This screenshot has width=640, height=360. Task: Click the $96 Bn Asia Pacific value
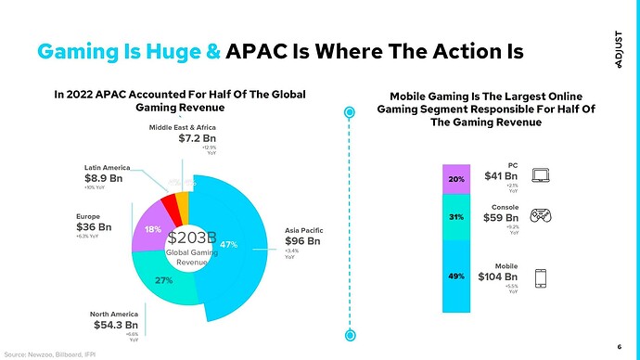click(302, 241)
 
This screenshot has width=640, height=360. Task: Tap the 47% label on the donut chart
click(231, 244)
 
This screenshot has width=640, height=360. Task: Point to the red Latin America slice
click(169, 201)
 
